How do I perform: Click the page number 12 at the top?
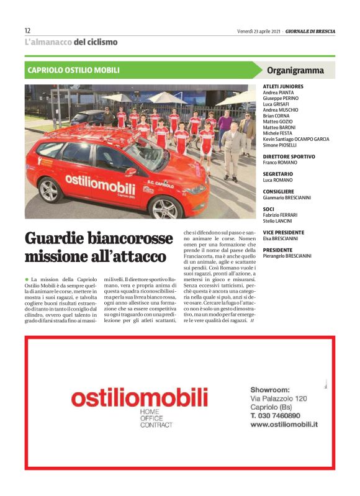tap(28, 30)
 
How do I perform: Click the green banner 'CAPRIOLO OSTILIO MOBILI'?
tap(74, 70)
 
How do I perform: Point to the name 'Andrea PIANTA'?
tap(279, 92)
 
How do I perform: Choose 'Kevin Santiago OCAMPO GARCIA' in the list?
tap(296, 138)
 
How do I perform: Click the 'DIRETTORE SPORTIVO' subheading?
tap(289, 156)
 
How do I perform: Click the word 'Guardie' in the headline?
tap(55, 238)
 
